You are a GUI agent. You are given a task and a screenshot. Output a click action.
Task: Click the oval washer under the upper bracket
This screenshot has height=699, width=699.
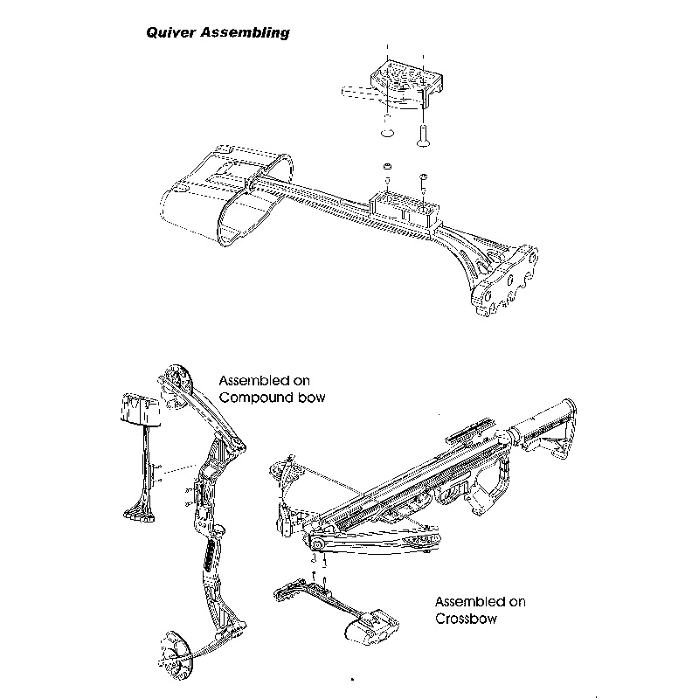pyautogui.click(x=387, y=133)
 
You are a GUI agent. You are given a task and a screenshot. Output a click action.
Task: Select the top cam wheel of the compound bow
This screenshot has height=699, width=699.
pyautogui.click(x=174, y=382)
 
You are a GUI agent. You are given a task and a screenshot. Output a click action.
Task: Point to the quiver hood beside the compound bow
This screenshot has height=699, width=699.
pyautogui.click(x=139, y=411)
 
